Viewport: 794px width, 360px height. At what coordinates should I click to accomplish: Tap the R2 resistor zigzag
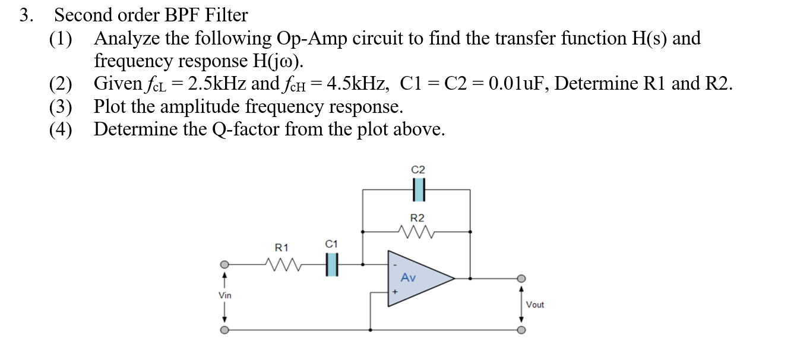click(x=418, y=231)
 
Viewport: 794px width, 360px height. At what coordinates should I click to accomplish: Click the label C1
click(x=331, y=244)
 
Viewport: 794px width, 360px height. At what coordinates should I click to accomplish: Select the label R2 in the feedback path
click(x=418, y=218)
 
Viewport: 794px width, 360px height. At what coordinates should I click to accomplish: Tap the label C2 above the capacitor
click(x=418, y=170)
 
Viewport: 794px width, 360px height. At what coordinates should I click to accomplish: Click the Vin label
click(x=224, y=295)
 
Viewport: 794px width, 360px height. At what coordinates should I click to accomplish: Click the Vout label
click(x=534, y=305)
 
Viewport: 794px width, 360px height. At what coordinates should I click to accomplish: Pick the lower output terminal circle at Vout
click(x=521, y=330)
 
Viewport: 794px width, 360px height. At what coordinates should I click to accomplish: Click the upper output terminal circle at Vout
click(x=521, y=278)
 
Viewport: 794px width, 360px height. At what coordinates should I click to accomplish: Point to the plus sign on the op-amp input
click(x=394, y=292)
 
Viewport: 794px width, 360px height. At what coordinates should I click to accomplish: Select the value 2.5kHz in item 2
click(x=217, y=84)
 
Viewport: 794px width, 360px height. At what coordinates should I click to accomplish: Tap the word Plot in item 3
click(x=113, y=106)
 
